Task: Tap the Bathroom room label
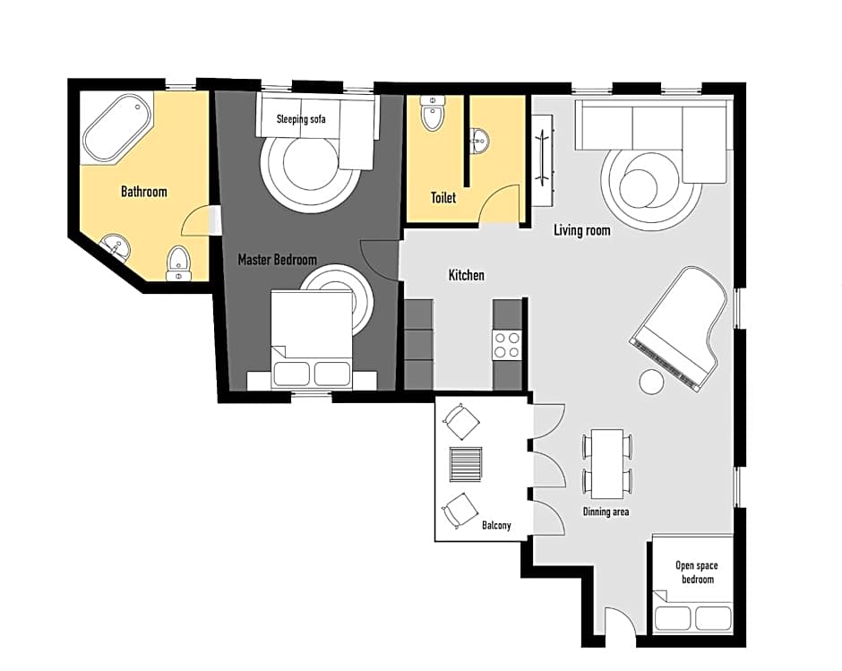click(143, 192)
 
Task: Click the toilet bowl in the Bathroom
click(177, 263)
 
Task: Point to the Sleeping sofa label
click(301, 119)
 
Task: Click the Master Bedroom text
click(277, 260)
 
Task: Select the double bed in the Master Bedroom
click(312, 339)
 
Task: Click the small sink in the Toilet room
click(479, 142)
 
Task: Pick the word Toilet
click(443, 198)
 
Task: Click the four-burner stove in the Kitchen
click(506, 345)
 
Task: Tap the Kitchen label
click(466, 275)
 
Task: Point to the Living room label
click(582, 230)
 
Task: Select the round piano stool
click(652, 382)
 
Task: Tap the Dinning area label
click(606, 512)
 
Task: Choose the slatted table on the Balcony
click(466, 464)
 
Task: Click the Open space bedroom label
click(697, 572)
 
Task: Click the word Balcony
click(496, 525)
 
